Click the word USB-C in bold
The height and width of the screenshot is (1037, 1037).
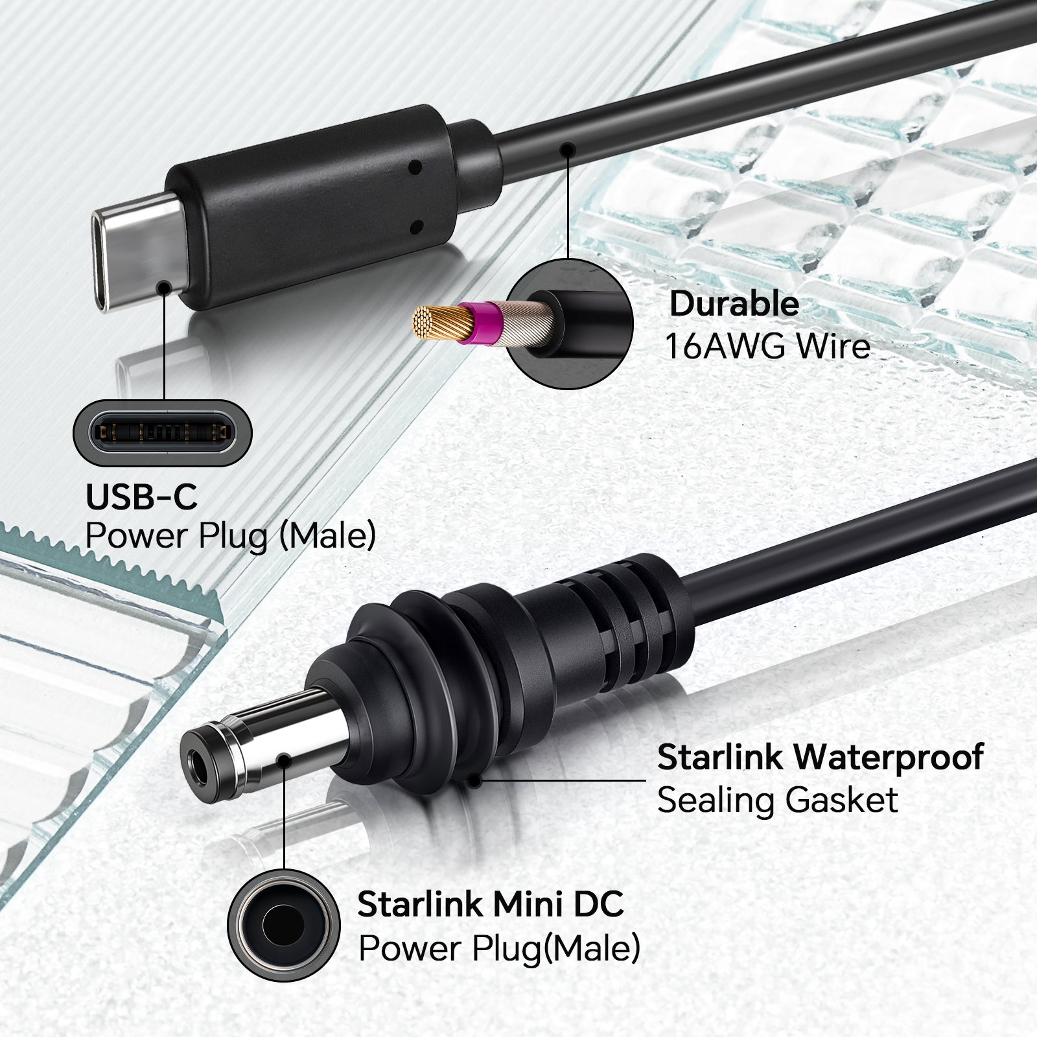(x=141, y=497)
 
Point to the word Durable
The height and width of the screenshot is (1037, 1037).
(x=734, y=304)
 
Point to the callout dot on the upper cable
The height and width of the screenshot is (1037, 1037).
(x=568, y=150)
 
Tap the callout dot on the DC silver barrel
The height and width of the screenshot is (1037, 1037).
(x=284, y=760)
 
